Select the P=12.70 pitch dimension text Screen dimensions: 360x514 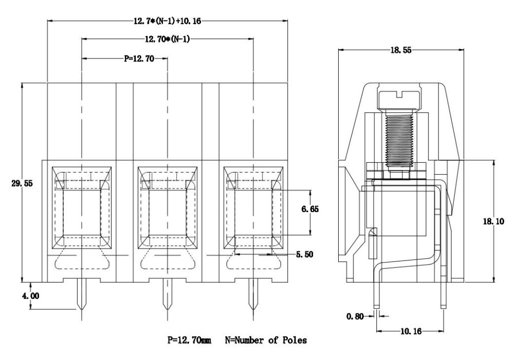tap(140, 59)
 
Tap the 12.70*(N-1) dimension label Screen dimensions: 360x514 tap(167, 39)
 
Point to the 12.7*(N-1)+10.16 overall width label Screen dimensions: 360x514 tap(168, 22)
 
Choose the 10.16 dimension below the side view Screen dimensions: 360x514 tap(410, 332)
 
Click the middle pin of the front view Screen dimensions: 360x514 tap(167, 295)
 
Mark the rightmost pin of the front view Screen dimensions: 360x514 tap(253, 295)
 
